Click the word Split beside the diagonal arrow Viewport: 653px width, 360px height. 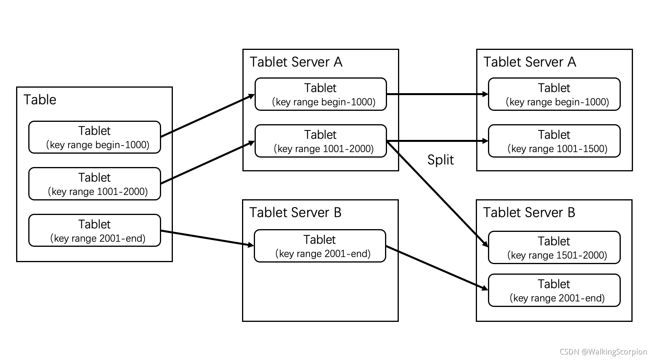440,160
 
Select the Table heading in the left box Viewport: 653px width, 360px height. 40,100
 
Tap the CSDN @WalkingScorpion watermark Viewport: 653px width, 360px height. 603,352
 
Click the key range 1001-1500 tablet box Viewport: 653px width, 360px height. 554,141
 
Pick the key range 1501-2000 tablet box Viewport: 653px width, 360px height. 554,248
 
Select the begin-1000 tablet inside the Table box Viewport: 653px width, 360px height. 95,137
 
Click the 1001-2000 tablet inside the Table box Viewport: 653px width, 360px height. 95,184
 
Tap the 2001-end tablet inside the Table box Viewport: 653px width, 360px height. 95,231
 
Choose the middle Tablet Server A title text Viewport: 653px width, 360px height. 296,62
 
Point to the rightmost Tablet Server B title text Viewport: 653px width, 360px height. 529,213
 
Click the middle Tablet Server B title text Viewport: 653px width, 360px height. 295,213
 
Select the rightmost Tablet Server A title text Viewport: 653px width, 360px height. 530,62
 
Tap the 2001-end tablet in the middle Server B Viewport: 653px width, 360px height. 320,246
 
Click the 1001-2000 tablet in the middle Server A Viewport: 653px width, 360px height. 321,141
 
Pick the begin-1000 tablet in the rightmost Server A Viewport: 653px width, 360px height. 554,94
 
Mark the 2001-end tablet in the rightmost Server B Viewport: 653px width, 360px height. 554,290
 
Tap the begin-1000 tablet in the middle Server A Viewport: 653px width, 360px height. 321,94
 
